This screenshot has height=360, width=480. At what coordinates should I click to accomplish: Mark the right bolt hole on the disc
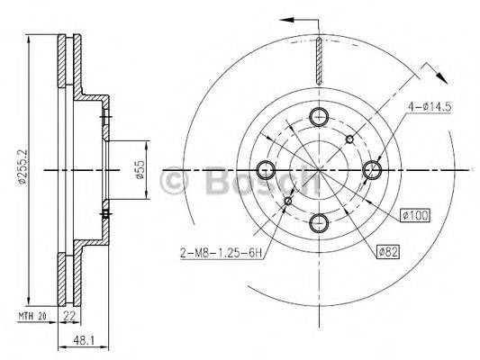point(373,168)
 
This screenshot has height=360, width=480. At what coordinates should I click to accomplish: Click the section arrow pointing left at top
point(289,19)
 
